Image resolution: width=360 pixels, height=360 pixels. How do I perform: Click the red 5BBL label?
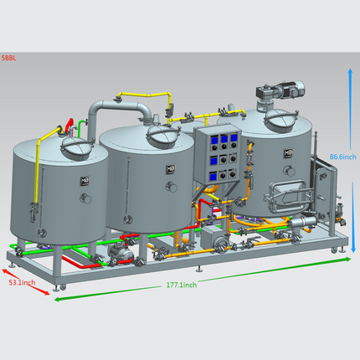(x=8, y=58)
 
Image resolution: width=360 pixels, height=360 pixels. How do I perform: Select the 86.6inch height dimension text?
(x=343, y=157)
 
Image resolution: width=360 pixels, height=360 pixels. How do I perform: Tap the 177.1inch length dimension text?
(x=182, y=285)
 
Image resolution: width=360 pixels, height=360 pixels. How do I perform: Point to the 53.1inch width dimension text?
(x=22, y=282)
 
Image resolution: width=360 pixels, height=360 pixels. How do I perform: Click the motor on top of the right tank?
(x=280, y=90)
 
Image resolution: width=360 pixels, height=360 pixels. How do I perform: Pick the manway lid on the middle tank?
(x=164, y=136)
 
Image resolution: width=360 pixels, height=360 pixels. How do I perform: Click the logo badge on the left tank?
(x=85, y=181)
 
